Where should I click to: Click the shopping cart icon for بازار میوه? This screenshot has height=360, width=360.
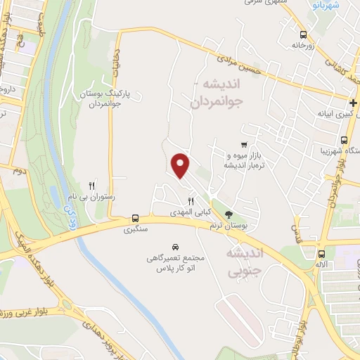(244, 143)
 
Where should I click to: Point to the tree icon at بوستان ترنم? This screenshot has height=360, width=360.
(228, 214)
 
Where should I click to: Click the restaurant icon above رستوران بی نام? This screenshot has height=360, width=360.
(91, 184)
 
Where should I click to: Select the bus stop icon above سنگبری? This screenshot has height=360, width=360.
(134, 219)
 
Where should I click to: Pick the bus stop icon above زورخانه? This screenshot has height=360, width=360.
(303, 34)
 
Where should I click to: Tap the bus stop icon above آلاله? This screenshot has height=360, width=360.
(321, 254)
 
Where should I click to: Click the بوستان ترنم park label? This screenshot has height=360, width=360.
(224, 225)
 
